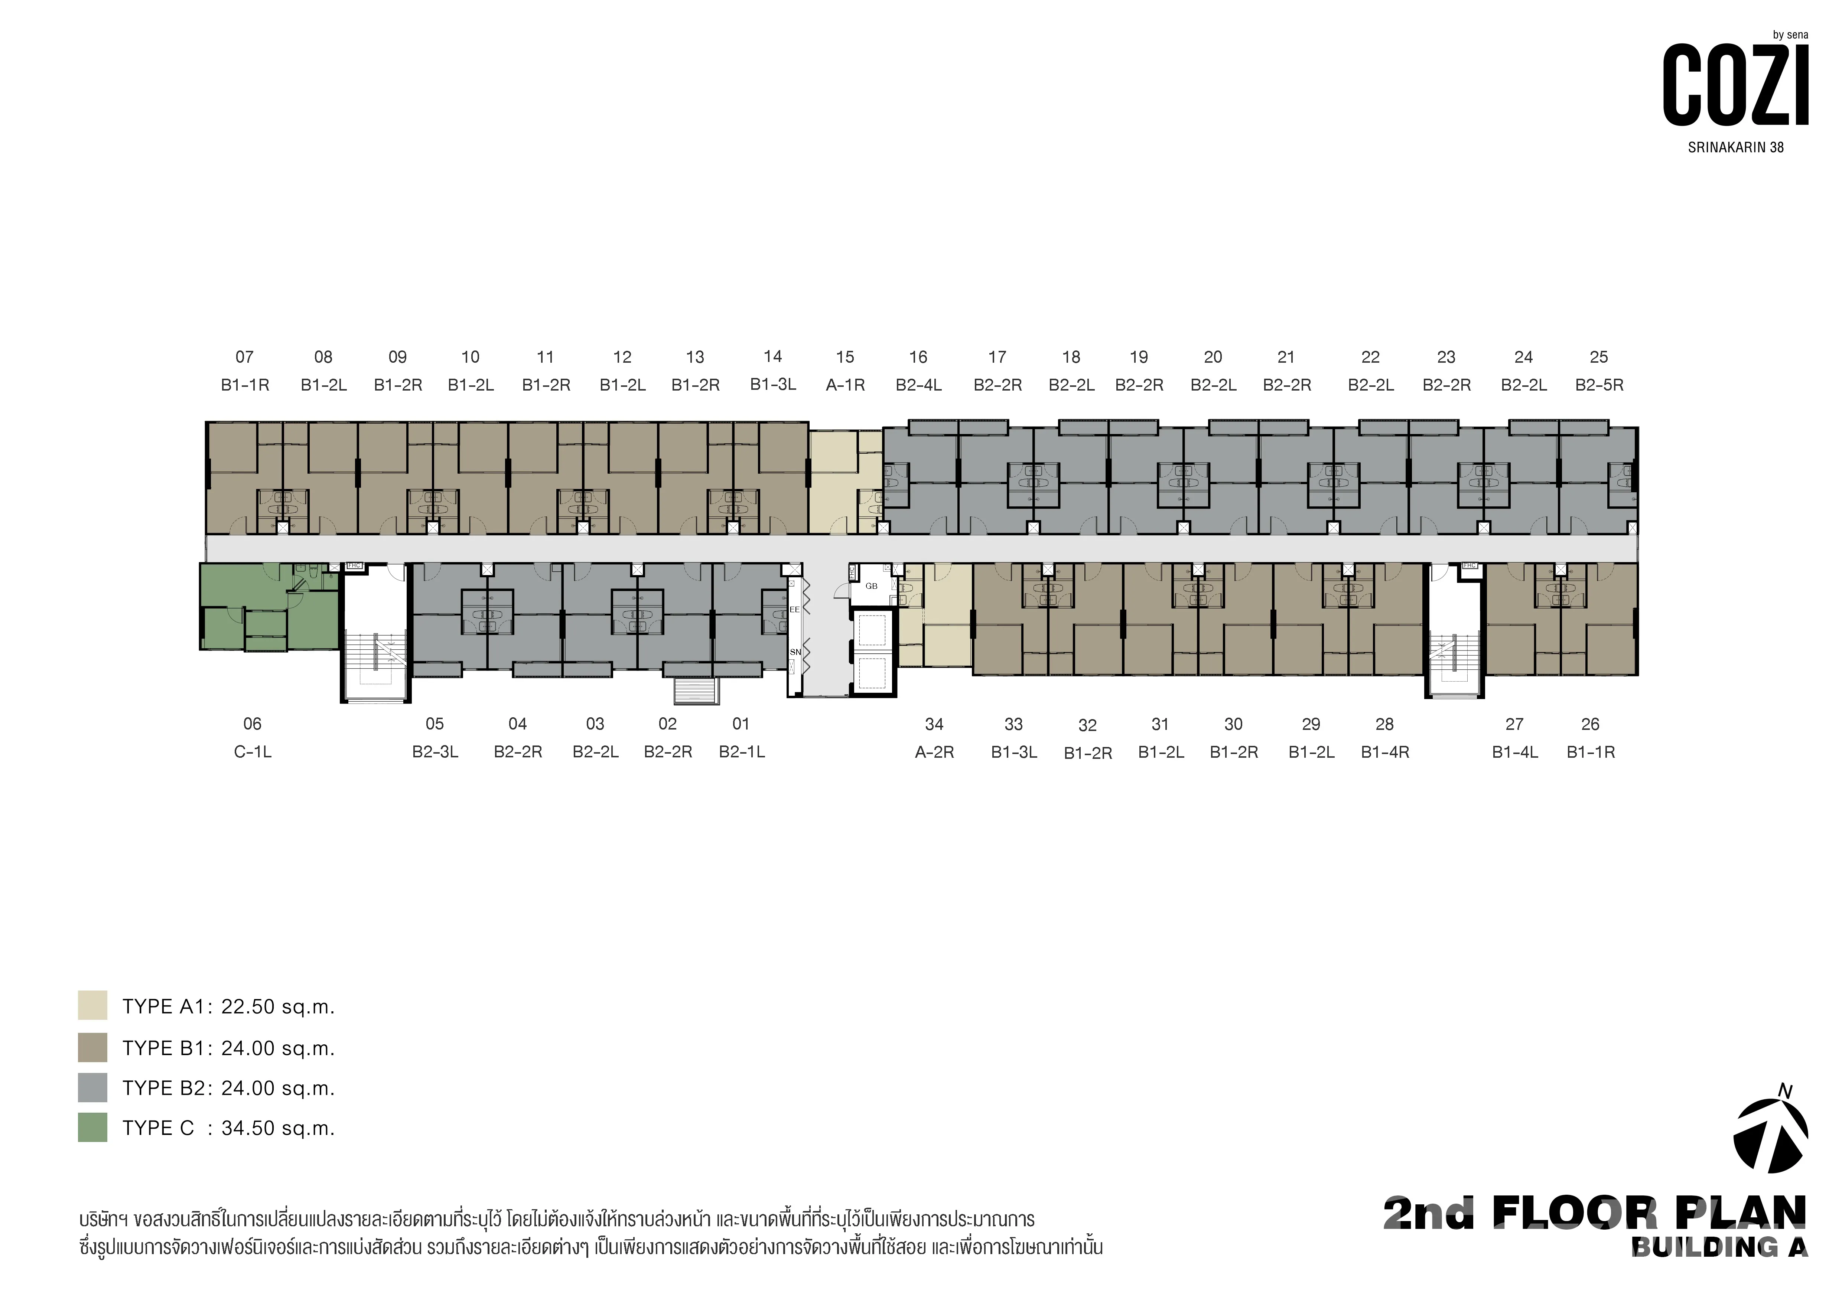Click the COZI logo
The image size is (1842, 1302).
click(1735, 84)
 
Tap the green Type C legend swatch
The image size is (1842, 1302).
click(92, 1127)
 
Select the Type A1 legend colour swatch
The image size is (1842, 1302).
click(92, 1005)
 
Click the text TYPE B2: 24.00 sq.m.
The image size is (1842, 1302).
click(229, 1089)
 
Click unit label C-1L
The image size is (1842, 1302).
click(253, 752)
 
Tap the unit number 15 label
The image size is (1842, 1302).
click(845, 357)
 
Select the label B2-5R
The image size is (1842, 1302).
click(1599, 385)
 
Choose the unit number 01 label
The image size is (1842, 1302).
click(741, 724)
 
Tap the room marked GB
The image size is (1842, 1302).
click(871, 587)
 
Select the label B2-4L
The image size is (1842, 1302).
click(919, 385)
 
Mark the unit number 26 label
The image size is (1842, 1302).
click(1590, 724)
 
